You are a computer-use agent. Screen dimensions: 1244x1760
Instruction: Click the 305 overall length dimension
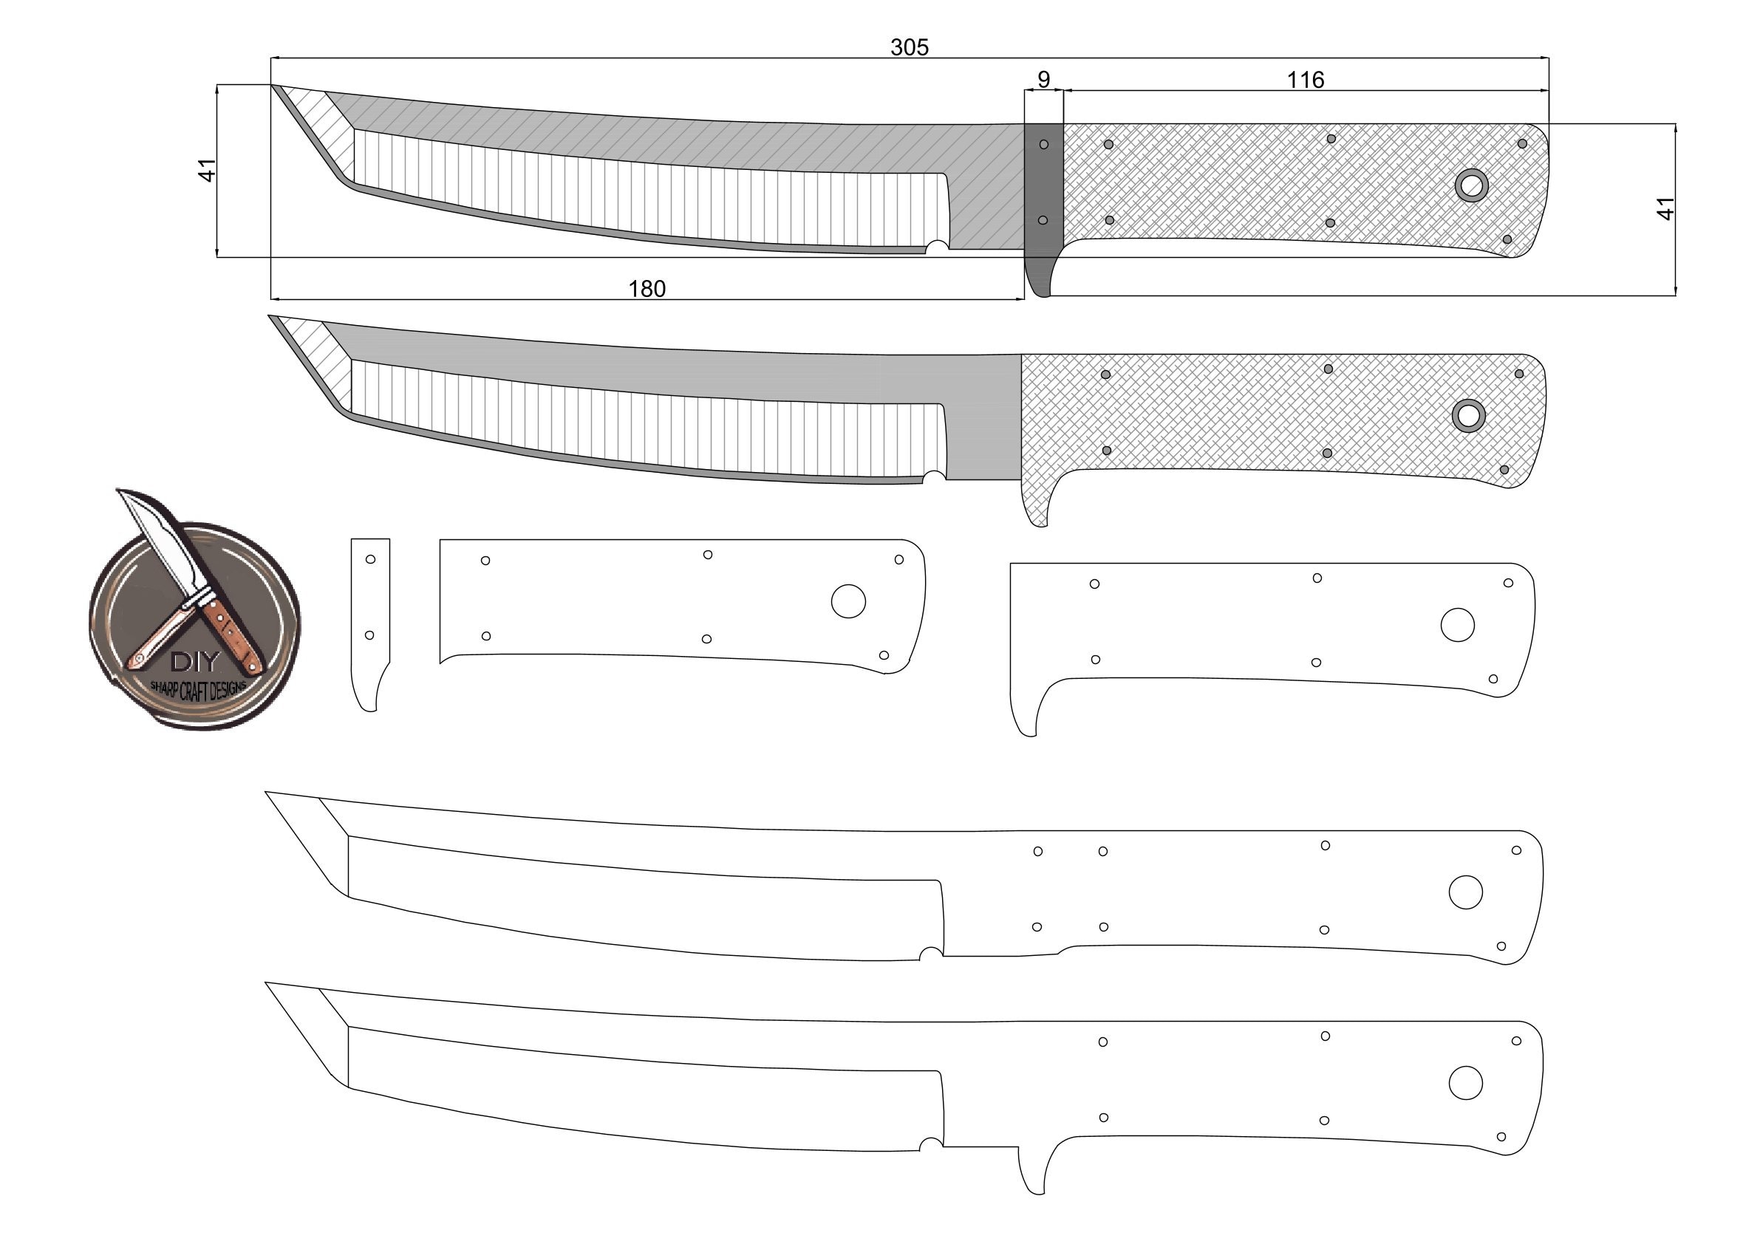click(x=909, y=47)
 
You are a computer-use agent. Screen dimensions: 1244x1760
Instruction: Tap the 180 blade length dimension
click(x=647, y=289)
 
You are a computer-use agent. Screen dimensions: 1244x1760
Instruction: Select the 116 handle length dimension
click(x=1305, y=80)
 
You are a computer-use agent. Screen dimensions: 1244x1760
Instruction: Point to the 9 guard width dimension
click(x=1043, y=80)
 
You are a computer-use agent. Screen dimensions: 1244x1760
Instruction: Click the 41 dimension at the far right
click(x=1665, y=208)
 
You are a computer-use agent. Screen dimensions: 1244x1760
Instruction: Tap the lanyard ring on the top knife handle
click(x=1471, y=185)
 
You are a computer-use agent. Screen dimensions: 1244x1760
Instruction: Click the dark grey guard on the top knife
click(x=1043, y=184)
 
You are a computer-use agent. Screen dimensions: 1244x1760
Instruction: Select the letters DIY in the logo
click(x=195, y=661)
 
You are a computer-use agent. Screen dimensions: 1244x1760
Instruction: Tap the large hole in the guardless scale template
click(x=847, y=602)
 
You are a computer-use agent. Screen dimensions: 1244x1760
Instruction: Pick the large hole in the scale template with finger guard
click(x=1457, y=625)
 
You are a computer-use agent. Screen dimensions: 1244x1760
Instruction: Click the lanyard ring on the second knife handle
click(x=1468, y=415)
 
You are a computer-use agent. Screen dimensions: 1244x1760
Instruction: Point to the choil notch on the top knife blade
click(x=937, y=247)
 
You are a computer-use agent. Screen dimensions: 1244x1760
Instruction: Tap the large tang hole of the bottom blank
click(x=1465, y=1083)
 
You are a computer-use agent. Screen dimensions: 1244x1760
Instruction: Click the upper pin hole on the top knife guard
click(x=1043, y=144)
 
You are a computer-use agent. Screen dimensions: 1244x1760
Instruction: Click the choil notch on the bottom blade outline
click(x=930, y=1144)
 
